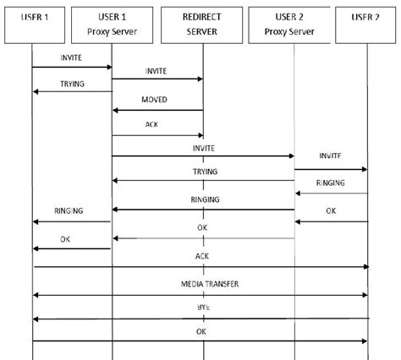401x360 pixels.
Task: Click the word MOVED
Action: tap(155, 100)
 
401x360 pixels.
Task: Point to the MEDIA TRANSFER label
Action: tap(203, 285)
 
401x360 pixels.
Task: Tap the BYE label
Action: tap(202, 308)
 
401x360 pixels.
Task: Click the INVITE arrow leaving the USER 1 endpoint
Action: tap(72, 67)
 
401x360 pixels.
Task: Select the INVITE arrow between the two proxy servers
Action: tap(203, 155)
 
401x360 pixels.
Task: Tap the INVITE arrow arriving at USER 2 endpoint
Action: tap(331, 169)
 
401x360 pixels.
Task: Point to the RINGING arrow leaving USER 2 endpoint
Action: tap(331, 194)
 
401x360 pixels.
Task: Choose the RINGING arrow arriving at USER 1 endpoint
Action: tap(72, 222)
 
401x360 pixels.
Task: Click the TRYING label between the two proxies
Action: tap(205, 172)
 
